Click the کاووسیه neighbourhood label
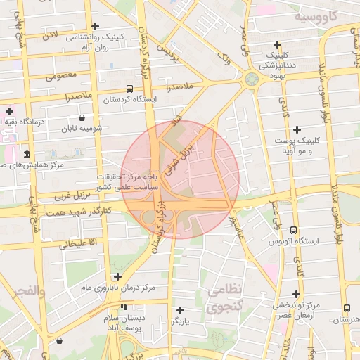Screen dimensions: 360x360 click(316, 15)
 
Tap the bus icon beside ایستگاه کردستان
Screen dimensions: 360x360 click(129, 89)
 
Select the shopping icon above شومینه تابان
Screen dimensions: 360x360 click(83, 117)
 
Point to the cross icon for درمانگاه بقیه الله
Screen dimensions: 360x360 click(9, 111)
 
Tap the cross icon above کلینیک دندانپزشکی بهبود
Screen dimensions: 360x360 click(278, 44)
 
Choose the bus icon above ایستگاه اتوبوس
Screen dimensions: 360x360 click(292, 231)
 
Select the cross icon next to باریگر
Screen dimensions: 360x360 click(181, 310)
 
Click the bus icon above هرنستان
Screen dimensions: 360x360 click(347, 308)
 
